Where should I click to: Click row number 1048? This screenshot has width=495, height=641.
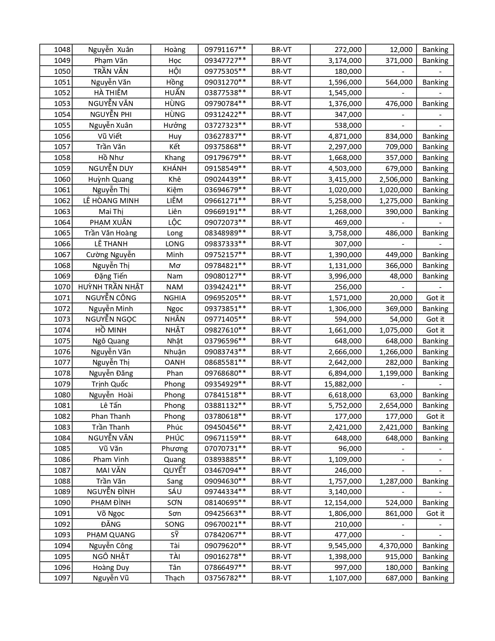pos(62,50)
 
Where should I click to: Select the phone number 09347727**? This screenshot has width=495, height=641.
pos(225,61)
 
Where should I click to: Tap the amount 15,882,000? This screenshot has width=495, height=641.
pos(343,384)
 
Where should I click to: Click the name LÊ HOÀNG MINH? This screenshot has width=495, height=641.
pos(111,201)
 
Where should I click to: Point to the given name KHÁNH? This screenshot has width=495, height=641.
pos(175,169)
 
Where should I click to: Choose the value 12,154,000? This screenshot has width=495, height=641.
pos(343,503)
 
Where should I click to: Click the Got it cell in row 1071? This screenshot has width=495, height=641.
pos(435,298)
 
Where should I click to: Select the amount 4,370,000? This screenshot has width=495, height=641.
pos(396,546)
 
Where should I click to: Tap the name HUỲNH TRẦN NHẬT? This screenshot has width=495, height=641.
pos(111,287)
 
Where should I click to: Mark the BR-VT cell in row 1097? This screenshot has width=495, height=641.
pos(281,578)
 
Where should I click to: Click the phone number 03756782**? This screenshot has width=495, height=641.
pos(225,578)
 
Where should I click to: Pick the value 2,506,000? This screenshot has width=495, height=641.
pos(396,179)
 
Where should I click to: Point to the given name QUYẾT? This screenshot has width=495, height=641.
pos(175,470)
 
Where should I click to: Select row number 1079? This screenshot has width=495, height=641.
pos(62,384)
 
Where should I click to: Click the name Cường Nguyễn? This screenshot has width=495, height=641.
pos(111,255)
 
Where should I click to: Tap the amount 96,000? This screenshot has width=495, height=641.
pos(350,449)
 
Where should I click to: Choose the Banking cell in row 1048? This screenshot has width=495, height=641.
pos(435,50)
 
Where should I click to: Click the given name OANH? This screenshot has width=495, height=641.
pos(175,362)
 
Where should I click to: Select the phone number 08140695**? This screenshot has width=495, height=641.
pos(225,503)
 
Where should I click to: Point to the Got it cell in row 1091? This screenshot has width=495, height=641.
pos(435,514)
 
